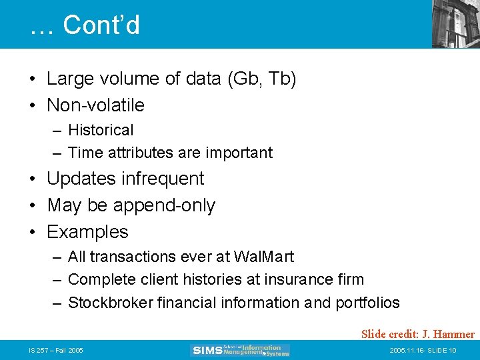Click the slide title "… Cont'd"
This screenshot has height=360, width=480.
point(85,25)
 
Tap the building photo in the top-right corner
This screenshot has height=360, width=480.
point(455,23)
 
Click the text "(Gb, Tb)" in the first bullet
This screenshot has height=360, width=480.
point(261,79)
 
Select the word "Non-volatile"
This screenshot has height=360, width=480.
point(95,105)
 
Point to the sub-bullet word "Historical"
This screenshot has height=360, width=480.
point(101,130)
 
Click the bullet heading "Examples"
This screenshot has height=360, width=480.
point(87,232)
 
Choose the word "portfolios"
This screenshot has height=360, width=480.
point(367,303)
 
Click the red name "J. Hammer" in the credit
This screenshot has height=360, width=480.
point(449,334)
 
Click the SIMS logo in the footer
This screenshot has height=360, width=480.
point(241,350)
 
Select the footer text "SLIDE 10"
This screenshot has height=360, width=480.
point(441,350)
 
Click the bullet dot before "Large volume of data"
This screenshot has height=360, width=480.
point(32,79)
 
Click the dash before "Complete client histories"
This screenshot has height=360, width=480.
point(57,279)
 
